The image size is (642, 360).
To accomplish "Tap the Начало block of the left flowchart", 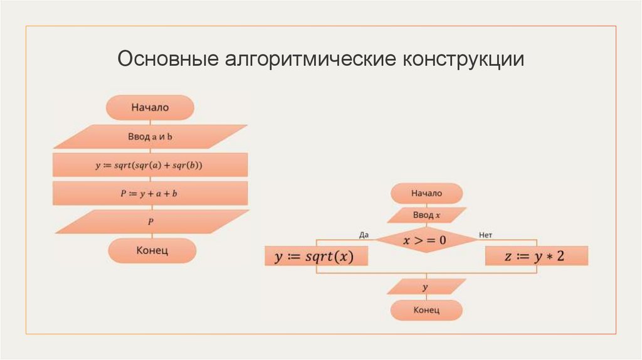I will tap(150, 107).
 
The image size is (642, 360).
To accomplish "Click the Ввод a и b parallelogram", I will tap(150, 136).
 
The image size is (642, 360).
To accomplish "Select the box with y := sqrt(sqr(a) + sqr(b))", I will tap(150, 165).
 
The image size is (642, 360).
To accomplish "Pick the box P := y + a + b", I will tap(150, 193).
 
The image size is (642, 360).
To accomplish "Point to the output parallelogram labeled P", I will tap(150, 221).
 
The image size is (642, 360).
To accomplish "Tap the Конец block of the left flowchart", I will tap(152, 250).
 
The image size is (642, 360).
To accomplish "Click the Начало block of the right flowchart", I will tap(427, 193).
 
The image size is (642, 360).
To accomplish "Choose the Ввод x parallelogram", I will tap(427, 215).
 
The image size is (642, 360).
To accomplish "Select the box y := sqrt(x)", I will tap(316, 256).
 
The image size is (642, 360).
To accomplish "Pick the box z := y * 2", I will tap(537, 256).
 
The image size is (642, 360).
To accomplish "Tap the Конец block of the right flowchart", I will tap(427, 310).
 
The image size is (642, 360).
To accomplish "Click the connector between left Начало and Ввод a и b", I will tap(150, 122).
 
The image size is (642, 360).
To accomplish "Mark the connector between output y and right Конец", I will tap(427, 298).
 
